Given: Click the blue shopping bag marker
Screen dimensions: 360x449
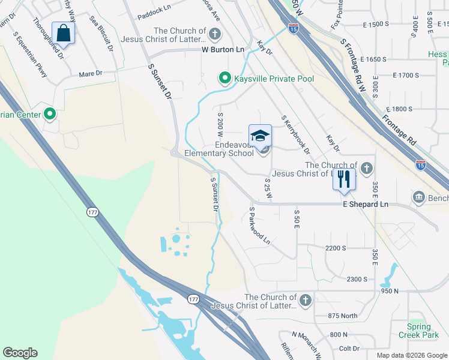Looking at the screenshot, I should click(63, 32).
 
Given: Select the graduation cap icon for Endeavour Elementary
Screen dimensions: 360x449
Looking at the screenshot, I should click(261, 136).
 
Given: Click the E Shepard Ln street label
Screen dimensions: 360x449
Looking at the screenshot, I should click(366, 205).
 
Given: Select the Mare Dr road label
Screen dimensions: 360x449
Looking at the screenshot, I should click(91, 74).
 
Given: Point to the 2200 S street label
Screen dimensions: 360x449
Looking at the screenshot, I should click(336, 248).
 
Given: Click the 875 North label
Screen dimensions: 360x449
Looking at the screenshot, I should click(342, 316).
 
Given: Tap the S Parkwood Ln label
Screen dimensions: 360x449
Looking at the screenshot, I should click(259, 226).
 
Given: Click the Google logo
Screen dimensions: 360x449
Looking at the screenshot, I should click(20, 353).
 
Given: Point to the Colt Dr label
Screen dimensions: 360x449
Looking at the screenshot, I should click(349, 348).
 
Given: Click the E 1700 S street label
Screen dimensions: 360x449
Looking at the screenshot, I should click(406, 75).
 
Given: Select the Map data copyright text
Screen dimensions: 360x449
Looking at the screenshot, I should click(412, 355).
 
